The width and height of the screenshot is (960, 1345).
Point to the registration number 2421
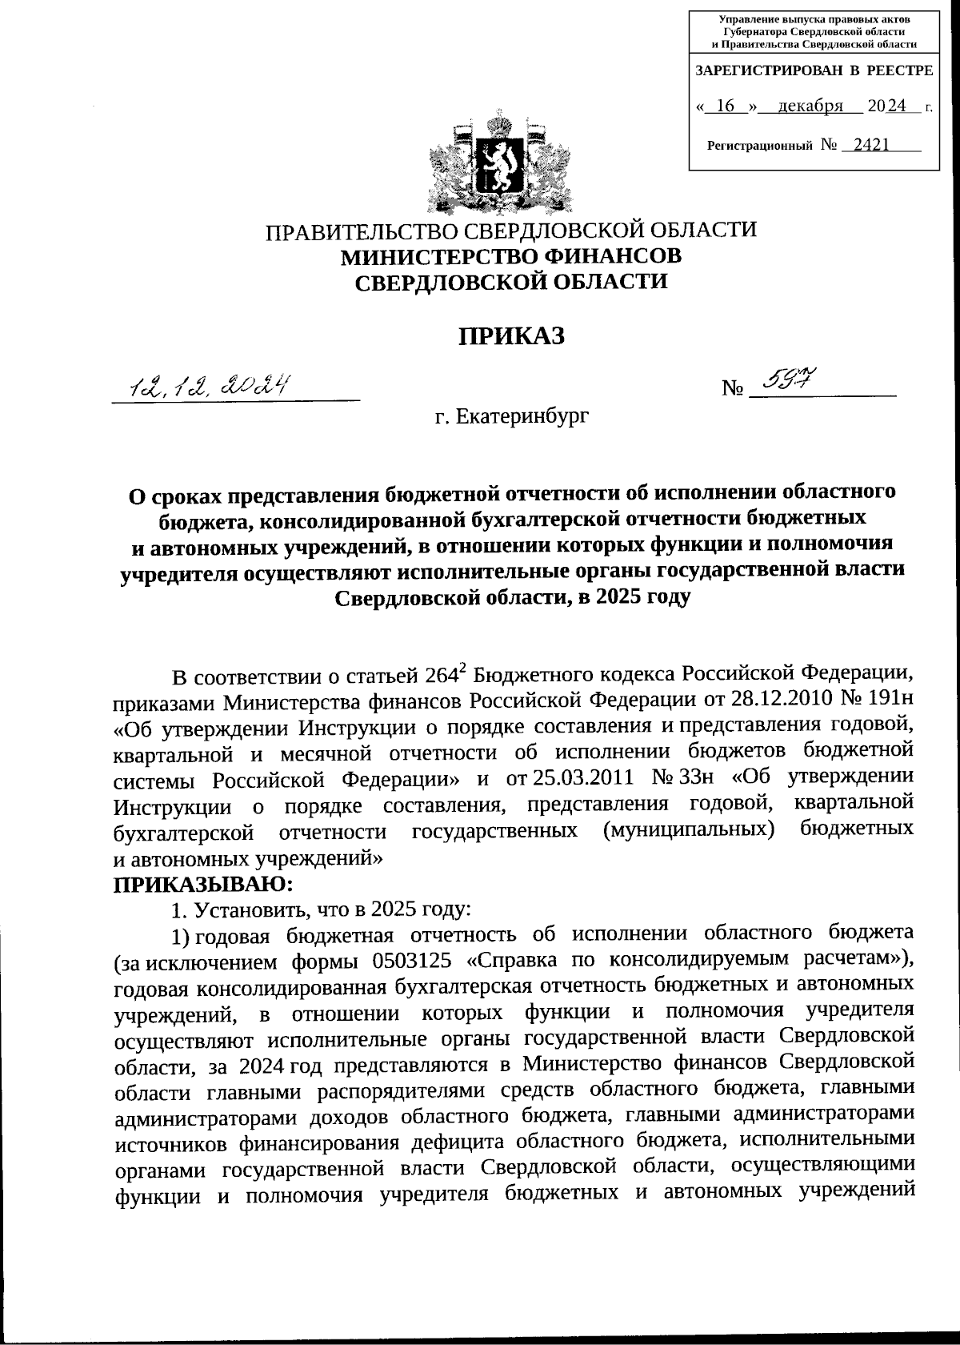(871, 145)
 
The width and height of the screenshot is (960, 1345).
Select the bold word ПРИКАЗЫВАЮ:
(203, 885)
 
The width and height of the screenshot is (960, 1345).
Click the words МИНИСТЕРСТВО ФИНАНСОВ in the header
(511, 256)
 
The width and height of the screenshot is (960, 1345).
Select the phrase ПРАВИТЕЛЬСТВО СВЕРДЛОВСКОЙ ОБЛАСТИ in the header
(511, 231)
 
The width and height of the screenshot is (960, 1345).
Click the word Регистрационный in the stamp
(760, 146)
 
